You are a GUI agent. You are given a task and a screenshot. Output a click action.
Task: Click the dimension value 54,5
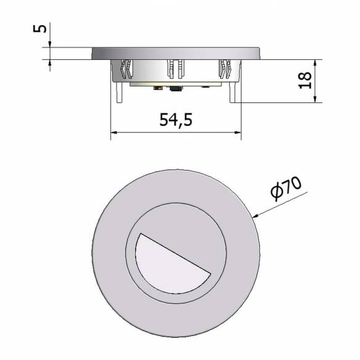coord(176,120)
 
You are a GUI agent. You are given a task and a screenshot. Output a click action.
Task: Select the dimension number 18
coord(305,81)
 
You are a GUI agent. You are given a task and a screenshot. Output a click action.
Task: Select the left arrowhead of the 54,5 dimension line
coord(113,133)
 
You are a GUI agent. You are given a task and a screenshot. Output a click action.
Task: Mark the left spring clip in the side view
coord(126,70)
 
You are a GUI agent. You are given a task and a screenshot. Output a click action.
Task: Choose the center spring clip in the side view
coord(174,69)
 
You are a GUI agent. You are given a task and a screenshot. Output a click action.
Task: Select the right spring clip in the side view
coord(224,69)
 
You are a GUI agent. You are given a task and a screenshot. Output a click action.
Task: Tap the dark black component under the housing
coord(175,90)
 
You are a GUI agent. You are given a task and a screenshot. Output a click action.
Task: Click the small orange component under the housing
coord(160,89)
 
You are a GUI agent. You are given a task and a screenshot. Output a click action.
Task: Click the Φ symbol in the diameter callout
coord(277,194)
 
